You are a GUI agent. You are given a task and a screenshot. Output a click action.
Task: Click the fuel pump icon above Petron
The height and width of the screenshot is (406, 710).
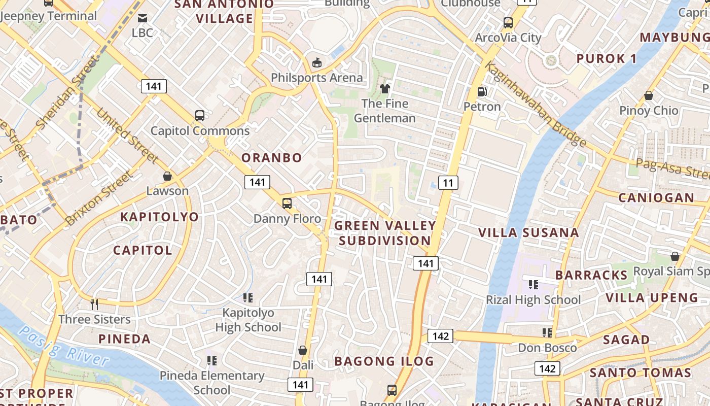pos(482,92)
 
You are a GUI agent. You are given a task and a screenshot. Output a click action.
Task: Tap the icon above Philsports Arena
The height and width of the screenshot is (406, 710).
pos(317,63)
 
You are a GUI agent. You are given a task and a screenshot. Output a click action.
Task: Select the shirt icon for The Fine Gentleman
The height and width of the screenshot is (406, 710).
pos(384,89)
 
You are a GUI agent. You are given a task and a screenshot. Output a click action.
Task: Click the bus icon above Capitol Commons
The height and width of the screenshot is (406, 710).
pos(200,116)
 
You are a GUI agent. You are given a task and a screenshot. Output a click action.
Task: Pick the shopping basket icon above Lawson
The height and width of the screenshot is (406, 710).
pos(167,176)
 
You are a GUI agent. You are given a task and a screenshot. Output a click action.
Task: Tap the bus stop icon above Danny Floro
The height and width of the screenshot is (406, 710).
pos(287,204)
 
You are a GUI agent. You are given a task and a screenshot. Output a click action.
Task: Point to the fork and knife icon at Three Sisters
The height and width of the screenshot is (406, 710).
pos(94,304)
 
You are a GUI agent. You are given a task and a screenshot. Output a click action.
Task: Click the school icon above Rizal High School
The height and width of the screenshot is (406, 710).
pos(533,285)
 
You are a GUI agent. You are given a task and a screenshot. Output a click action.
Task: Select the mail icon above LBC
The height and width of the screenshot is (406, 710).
pos(143,18)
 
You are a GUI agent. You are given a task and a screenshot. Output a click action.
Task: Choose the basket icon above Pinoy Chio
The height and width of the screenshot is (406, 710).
pos(648,95)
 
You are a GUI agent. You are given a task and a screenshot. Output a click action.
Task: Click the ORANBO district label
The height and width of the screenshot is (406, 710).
pos(272,158)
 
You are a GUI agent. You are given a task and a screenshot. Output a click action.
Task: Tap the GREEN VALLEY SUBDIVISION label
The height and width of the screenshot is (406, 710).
pos(385,233)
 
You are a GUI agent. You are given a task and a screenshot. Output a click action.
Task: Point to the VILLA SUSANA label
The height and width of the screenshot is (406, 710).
pos(529,233)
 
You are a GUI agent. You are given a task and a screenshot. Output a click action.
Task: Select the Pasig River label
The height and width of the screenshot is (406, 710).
pos(64,347)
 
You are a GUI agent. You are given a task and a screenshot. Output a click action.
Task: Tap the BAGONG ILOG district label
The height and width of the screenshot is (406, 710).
pos(384,361)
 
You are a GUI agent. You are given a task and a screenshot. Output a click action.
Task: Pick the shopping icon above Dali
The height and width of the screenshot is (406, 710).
pos(303,350)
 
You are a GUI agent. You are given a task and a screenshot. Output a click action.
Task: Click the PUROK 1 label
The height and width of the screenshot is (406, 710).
pos(607,59)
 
